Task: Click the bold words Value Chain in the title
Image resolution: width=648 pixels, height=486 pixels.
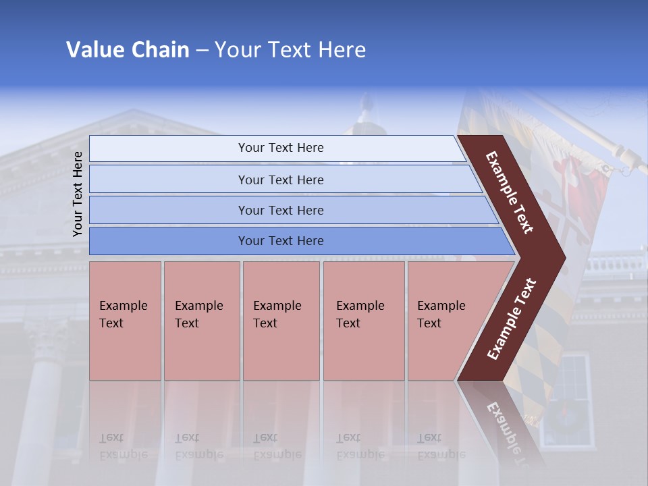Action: (128, 50)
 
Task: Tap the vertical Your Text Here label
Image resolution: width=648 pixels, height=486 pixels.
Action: (78, 194)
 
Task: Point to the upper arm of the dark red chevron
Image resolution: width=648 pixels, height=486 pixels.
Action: (510, 192)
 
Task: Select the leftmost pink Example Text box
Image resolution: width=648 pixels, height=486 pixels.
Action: (125, 321)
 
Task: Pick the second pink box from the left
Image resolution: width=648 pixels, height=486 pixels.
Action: (201, 321)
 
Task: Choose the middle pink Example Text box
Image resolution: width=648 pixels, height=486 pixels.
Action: (281, 321)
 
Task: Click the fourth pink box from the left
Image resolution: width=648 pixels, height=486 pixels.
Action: (363, 321)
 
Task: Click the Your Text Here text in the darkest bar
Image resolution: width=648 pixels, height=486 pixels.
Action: (281, 241)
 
